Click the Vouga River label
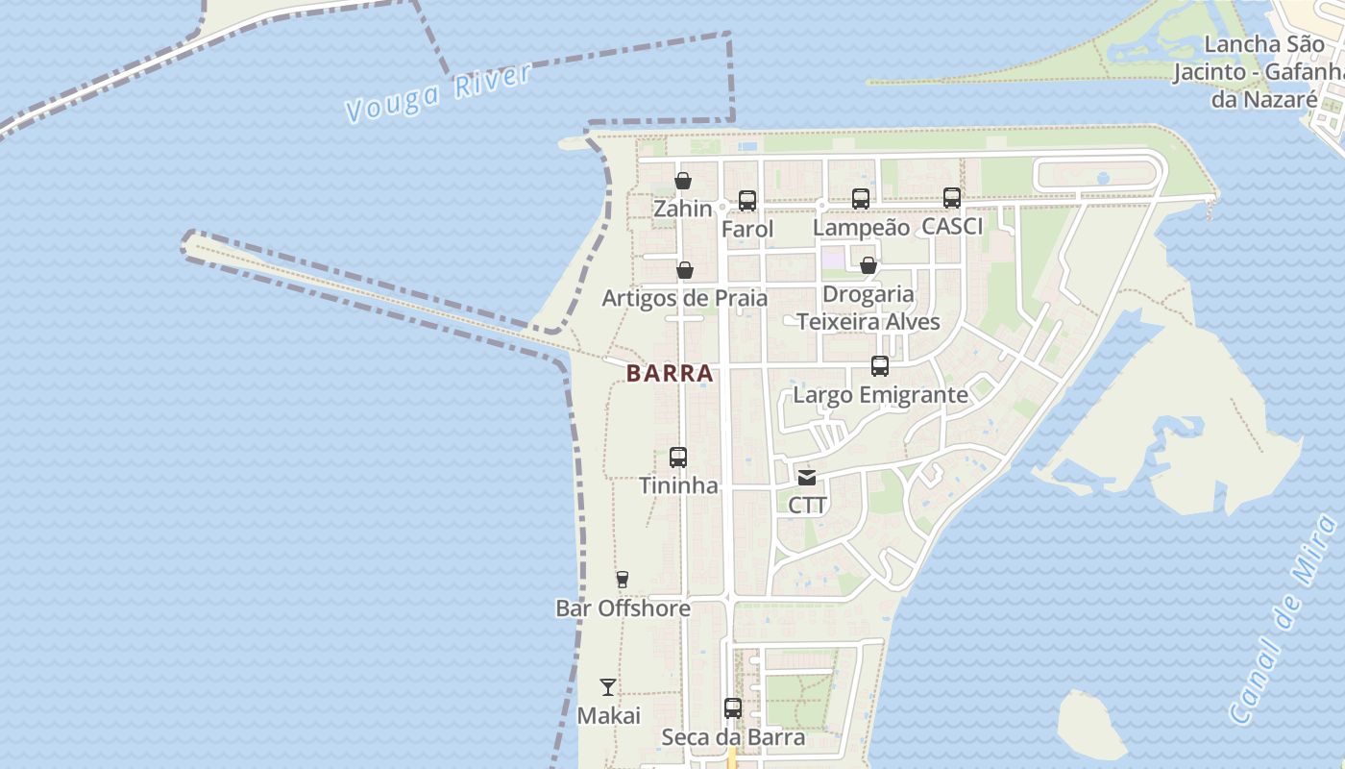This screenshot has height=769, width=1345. pyautogui.click(x=437, y=93)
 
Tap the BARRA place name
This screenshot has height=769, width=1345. pyautogui.click(x=671, y=373)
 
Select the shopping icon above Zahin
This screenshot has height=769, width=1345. pyautogui.click(x=683, y=181)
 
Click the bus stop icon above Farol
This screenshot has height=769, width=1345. pyautogui.click(x=747, y=200)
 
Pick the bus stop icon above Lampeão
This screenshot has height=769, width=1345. pyautogui.click(x=861, y=198)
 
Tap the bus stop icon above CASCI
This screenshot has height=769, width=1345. pyautogui.click(x=952, y=197)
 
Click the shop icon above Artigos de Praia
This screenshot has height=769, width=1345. pyautogui.click(x=685, y=270)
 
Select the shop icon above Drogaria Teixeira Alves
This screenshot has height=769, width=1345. pyautogui.click(x=868, y=265)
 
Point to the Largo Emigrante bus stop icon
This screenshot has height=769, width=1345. pyautogui.click(x=880, y=365)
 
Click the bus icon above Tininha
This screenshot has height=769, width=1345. pyautogui.click(x=678, y=457)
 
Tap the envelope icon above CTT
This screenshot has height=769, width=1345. pyautogui.click(x=807, y=477)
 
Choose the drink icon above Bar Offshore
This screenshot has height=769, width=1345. pyautogui.click(x=623, y=580)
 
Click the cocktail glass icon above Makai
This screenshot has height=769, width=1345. pyautogui.click(x=608, y=686)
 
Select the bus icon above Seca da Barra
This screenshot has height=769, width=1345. pyautogui.click(x=733, y=707)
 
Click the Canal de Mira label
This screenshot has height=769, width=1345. pyautogui.click(x=1284, y=620)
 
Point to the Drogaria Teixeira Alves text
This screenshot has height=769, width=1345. pyautogui.click(x=868, y=308)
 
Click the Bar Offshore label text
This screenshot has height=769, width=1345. pyautogui.click(x=623, y=608)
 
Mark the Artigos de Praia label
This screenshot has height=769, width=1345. pyautogui.click(x=684, y=299)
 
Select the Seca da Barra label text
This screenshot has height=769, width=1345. pyautogui.click(x=733, y=737)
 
